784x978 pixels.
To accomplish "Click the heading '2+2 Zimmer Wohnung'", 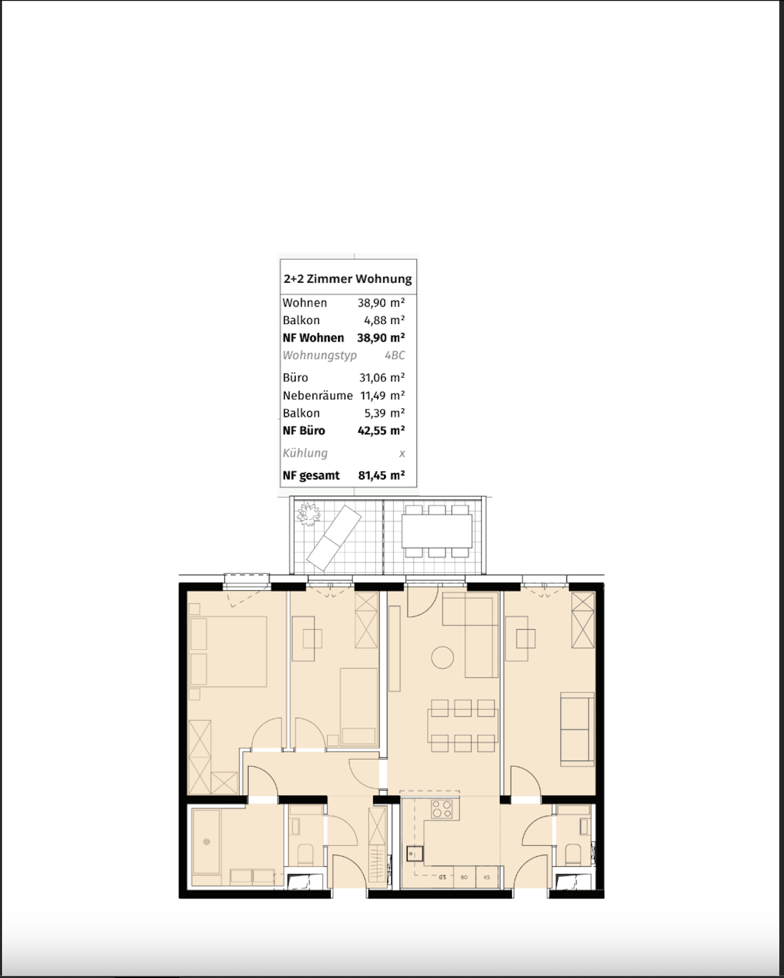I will [348, 279].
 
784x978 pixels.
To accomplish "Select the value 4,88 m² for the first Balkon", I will [384, 321].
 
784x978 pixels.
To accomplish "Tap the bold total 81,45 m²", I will [381, 476].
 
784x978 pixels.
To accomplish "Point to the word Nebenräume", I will [317, 395].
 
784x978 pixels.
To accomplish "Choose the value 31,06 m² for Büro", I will [382, 378].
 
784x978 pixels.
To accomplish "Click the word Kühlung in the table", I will [305, 453].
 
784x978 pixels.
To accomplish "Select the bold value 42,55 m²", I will [381, 431].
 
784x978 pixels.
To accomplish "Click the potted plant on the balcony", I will [309, 514].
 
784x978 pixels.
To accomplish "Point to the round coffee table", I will [443, 657].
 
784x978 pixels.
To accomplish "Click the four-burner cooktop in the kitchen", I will [442, 809].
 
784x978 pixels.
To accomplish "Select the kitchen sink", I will [412, 854].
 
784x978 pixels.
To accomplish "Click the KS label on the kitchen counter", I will [486, 878].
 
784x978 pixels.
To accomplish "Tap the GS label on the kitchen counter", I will [443, 878].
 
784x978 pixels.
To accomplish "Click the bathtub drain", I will [207, 841].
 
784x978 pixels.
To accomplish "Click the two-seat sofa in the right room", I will [577, 729].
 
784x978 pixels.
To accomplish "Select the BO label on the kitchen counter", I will [464, 878].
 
